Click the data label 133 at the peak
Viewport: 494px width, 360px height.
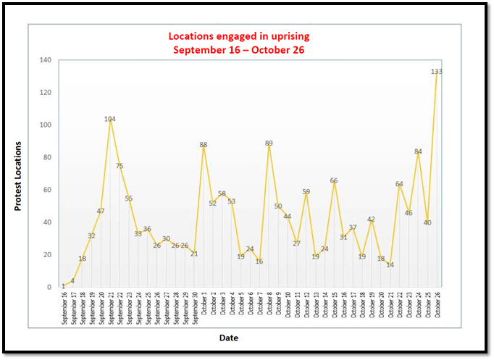click(436, 72)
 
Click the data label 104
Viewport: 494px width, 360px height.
click(110, 119)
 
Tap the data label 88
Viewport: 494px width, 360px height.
click(204, 145)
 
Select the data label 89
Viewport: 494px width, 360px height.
click(269, 143)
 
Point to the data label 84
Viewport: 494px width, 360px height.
click(418, 151)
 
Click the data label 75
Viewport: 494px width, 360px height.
click(120, 166)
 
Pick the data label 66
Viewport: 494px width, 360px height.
click(334, 180)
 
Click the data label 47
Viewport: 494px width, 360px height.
click(101, 212)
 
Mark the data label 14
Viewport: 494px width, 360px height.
click(390, 265)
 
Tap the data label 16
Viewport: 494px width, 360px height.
click(259, 261)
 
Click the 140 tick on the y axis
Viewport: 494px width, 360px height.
click(45, 60)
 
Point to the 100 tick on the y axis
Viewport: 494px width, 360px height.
click(45, 125)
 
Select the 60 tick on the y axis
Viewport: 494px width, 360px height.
click(47, 190)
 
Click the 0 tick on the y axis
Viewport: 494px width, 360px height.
click(49, 288)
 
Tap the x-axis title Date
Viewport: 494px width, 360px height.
click(228, 338)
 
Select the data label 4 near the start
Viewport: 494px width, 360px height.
click(72, 281)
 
